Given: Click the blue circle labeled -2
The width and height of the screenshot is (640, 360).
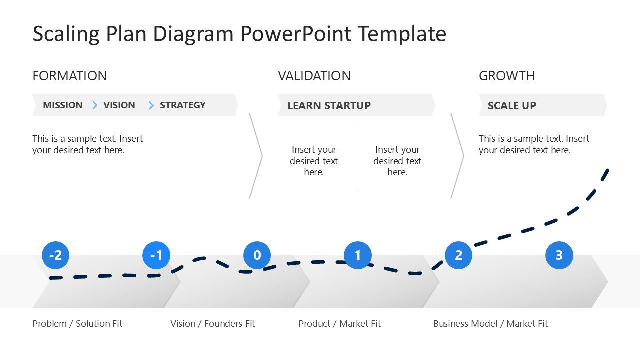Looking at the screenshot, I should (56, 255).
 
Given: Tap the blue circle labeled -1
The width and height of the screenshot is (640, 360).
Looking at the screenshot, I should (156, 255).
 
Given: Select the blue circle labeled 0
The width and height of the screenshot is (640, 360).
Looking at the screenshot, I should (257, 255).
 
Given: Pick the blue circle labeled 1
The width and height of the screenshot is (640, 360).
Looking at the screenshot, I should (358, 255).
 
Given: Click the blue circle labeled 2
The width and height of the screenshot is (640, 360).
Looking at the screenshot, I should (458, 255).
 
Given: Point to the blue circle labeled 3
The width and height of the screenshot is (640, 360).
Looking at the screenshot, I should (559, 255).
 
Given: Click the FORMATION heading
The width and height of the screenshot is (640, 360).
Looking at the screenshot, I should (69, 76).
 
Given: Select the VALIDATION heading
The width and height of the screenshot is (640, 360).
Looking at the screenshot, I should (314, 76).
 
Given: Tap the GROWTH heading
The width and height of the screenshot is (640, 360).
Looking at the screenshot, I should (507, 76).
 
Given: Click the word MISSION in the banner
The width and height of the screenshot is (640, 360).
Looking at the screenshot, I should (63, 105).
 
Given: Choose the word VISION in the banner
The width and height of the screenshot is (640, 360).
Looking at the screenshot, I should (119, 105).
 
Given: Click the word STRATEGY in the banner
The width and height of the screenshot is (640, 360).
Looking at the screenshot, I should (182, 105).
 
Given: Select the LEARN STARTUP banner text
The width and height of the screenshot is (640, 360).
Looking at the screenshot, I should (329, 106).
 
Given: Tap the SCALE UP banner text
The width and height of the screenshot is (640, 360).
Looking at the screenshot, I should (512, 106).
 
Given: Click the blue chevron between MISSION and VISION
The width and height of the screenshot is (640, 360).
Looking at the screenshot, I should (95, 105).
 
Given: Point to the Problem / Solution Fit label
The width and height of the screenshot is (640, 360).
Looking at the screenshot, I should (77, 324).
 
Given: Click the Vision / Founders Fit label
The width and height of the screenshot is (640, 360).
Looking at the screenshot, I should (212, 324).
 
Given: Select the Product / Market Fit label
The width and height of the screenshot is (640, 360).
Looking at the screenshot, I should (339, 324).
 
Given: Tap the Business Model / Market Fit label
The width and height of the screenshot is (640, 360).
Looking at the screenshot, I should (490, 324).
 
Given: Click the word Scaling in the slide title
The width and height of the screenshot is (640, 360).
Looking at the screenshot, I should (66, 34).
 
